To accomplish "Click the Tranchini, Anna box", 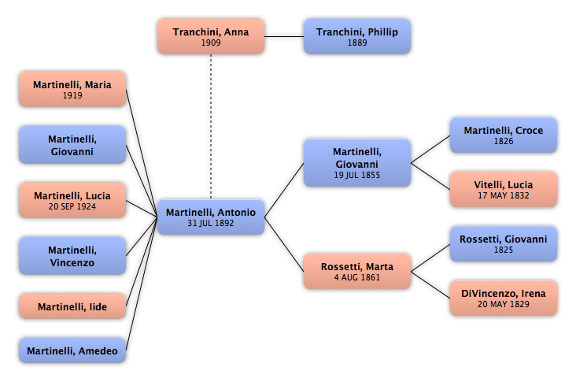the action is coord(211,37).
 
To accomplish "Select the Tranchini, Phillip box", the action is coord(357,37).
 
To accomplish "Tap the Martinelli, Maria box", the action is coord(72,90).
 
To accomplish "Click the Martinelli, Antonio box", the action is coord(211,217).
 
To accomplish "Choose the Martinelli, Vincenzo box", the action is coord(72,256).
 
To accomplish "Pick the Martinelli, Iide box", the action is coord(72,306).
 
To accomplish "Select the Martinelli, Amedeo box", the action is coord(72,350).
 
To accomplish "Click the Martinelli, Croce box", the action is coord(504,135).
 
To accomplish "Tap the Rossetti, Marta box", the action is coord(357,271).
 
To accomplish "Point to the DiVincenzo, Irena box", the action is coord(504,299).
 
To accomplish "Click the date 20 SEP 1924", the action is coord(72,206).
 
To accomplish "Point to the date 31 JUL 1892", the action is coord(210,223).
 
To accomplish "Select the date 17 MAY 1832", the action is coord(504,195).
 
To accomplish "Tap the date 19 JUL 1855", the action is coord(357,175).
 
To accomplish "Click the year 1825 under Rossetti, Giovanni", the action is coord(504,250).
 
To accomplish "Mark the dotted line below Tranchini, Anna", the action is coord(211,127).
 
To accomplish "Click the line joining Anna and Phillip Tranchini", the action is coord(284,36).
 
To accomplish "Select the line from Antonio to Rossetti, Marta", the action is coord(284,244).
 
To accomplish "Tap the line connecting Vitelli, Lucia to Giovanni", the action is coord(430,176).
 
